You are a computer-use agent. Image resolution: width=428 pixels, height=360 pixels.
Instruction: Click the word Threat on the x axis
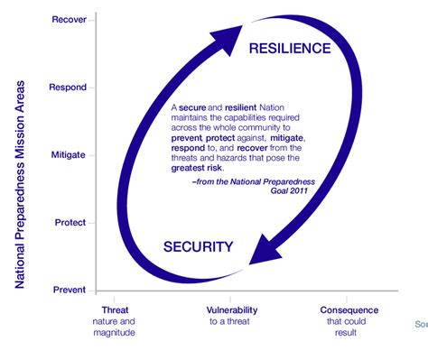(x=115, y=310)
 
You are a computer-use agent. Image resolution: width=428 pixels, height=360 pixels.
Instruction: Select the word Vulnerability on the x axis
(x=232, y=310)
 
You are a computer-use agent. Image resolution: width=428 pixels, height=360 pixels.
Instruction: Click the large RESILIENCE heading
(x=290, y=48)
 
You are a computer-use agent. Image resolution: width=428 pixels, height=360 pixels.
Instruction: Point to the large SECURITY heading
(x=200, y=246)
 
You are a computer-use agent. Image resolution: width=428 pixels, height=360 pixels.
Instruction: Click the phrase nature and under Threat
(x=115, y=321)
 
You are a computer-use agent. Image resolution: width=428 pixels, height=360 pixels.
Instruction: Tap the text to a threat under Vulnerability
(x=232, y=321)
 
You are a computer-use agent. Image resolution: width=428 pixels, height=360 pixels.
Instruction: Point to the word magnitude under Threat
(x=115, y=333)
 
